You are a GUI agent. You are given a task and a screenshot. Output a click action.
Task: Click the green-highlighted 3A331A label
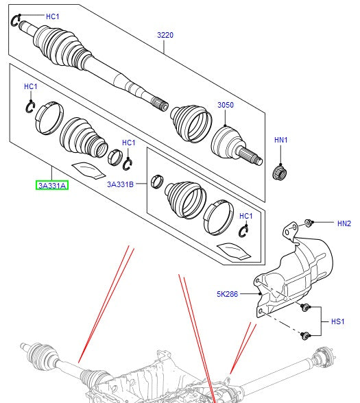52,184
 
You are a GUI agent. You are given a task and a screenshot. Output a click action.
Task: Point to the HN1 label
281,140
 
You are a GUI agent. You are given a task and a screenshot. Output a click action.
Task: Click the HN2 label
344,223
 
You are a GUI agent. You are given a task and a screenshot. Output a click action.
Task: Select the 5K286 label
228,295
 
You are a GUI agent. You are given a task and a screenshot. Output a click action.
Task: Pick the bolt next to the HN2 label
309,223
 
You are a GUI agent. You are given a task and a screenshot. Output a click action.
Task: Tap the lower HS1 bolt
307,334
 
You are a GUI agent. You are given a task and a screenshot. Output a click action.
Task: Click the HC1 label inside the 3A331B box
245,217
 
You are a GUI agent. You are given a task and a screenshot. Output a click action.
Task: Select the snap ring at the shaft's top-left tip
18,21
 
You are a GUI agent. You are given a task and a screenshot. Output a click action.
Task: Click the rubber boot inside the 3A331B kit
184,199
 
